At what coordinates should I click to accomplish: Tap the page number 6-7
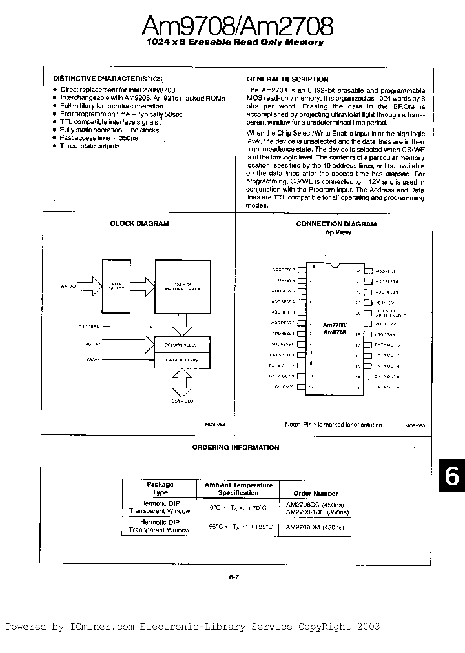pos(233,560)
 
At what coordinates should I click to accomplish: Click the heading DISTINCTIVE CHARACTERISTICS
pos(98,78)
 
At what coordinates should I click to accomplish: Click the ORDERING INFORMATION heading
pos(236,447)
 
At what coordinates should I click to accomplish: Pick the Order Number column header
pos(311,493)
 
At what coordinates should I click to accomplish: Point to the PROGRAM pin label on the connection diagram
pos(386,334)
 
